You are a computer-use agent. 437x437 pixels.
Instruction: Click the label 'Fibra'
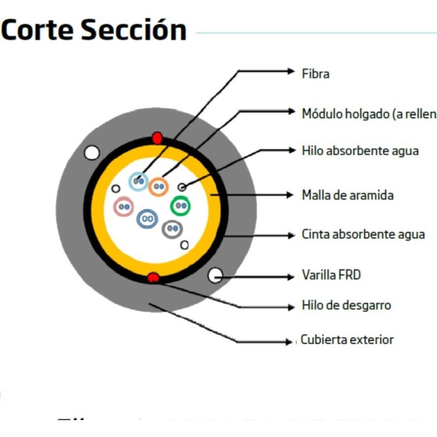tap(315, 74)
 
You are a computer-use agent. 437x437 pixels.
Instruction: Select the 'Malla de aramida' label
tap(347, 195)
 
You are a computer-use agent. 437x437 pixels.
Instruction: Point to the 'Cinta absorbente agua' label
tap(363, 235)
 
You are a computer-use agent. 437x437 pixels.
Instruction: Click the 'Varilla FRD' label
tap(331, 274)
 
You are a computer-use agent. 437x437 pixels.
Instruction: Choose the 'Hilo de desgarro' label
tap(346, 305)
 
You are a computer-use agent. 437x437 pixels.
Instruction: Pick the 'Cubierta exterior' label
tap(347, 339)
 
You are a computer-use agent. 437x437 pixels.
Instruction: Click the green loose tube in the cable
tap(181, 205)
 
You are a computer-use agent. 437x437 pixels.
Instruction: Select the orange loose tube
tap(158, 186)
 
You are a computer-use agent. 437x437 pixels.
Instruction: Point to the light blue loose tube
tap(138, 182)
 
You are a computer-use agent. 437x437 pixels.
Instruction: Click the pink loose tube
tap(124, 207)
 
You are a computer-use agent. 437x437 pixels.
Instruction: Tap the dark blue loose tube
tap(147, 219)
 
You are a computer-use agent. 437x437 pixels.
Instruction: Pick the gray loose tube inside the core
tap(172, 229)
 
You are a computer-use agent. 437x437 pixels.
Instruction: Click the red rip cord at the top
tap(157, 138)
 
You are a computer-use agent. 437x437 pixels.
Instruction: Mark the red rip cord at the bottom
tap(153, 277)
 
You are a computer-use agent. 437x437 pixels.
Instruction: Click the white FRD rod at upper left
tap(91, 153)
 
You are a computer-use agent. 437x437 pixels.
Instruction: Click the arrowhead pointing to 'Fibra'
tap(291, 72)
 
